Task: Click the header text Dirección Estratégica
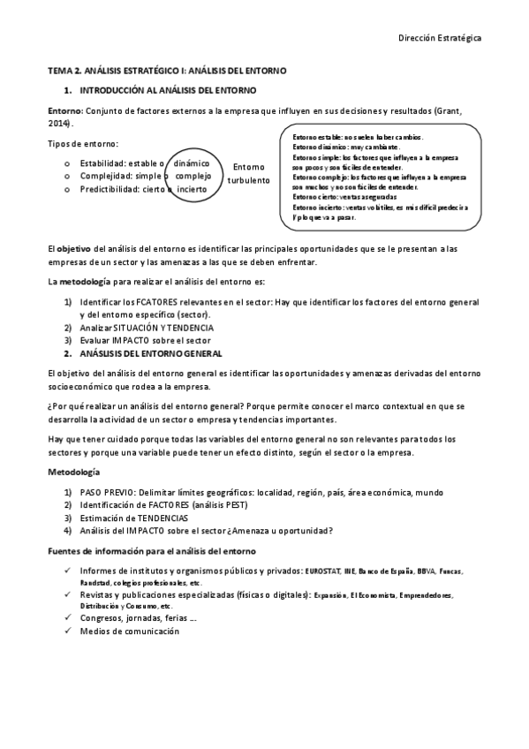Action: (440, 38)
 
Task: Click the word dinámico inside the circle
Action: (192, 163)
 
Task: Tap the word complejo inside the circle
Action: (193, 176)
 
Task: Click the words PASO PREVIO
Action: (108, 492)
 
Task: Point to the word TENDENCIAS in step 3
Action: (158, 518)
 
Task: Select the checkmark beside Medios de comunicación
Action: (69, 631)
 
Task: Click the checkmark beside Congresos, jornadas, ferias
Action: (69, 618)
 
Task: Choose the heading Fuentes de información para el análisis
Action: (152, 551)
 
